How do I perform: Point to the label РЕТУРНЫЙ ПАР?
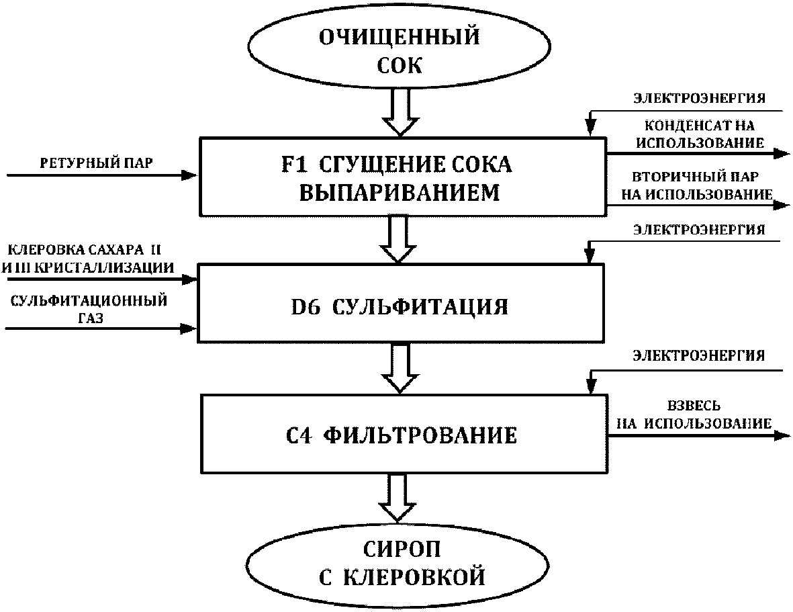[96, 163]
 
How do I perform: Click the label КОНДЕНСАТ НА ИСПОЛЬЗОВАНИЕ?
[700, 134]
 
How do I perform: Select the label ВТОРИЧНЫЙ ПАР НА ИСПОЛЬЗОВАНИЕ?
[696, 185]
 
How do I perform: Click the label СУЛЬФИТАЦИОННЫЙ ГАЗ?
[89, 309]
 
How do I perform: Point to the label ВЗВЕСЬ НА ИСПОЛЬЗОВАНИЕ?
[694, 414]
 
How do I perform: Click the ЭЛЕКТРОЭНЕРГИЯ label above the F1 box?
[700, 98]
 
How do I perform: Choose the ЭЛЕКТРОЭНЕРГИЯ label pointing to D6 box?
[700, 230]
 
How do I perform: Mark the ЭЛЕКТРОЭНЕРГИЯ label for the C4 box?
[699, 355]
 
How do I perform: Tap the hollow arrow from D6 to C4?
[400, 368]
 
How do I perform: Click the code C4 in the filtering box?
[299, 435]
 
